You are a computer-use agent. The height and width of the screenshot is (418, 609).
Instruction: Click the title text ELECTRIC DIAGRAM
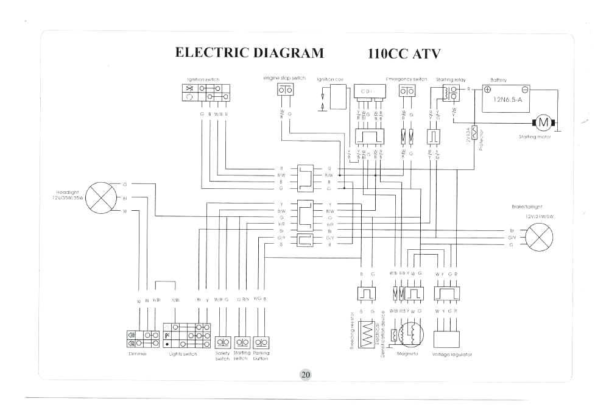(250, 52)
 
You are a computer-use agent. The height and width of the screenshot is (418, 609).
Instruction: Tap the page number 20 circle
(305, 375)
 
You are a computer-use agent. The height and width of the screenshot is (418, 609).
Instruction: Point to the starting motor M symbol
(544, 122)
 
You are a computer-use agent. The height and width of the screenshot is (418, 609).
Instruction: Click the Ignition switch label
(203, 80)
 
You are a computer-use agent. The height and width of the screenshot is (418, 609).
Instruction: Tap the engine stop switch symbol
(285, 91)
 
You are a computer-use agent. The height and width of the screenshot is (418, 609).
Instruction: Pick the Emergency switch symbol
(407, 91)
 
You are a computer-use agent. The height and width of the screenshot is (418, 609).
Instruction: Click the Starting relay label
(451, 80)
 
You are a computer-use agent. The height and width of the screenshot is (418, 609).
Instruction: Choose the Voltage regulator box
(446, 338)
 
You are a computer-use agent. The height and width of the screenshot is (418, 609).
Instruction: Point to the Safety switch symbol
(222, 342)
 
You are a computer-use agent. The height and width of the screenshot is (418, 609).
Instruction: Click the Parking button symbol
(261, 342)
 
